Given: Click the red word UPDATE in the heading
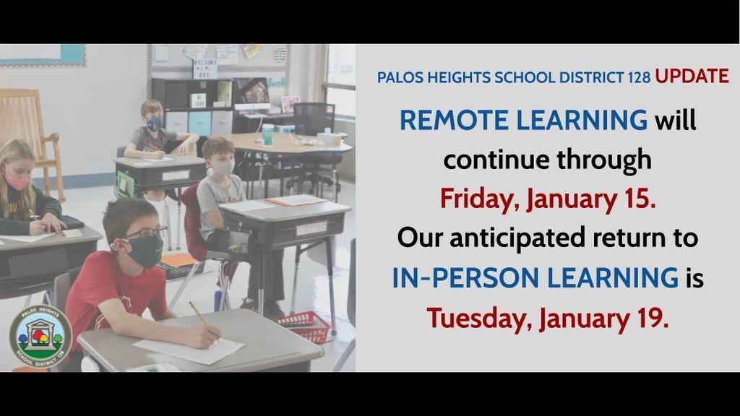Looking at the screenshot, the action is [692, 76].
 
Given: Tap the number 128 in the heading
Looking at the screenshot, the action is [639, 77].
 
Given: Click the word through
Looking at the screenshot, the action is [604, 160].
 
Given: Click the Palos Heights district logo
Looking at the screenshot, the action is [40, 336].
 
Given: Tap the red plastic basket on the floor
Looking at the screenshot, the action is [304, 326].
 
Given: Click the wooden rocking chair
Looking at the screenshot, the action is [30, 136].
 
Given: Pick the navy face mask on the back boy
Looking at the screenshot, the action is [155, 124].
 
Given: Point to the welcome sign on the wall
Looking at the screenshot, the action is [205, 69].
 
